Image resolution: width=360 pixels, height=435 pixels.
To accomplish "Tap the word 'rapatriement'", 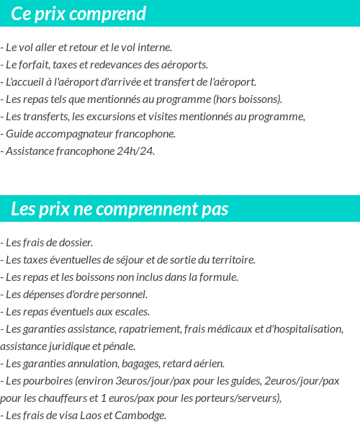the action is (x=148, y=329).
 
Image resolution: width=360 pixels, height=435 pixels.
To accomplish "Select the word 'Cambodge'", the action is (x=143, y=415).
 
